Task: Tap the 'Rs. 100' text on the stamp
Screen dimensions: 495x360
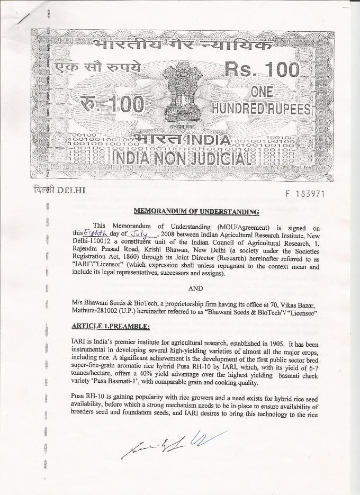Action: (262, 70)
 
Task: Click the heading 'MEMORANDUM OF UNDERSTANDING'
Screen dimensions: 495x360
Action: (196, 211)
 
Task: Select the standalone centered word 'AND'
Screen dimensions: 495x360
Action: (196, 289)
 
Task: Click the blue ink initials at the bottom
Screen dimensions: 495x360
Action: (203, 439)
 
